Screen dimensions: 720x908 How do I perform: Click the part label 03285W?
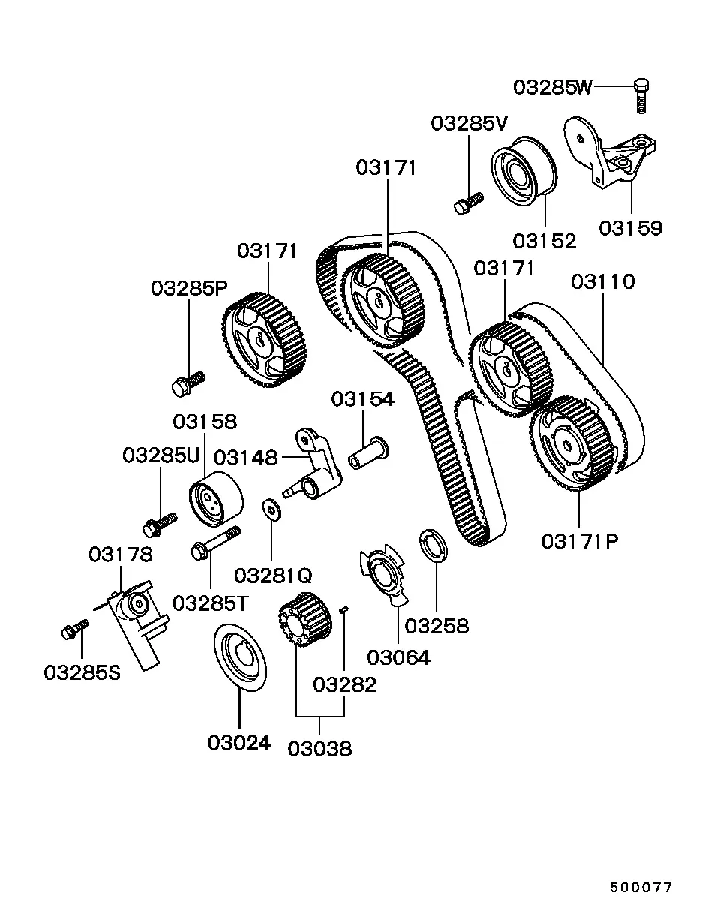click(553, 87)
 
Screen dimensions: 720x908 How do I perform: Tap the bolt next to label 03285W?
click(641, 96)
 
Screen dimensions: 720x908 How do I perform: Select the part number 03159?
click(631, 228)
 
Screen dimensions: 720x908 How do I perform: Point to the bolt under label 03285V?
click(469, 203)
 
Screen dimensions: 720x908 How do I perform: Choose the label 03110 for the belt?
click(603, 282)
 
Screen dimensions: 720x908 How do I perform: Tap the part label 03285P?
click(189, 289)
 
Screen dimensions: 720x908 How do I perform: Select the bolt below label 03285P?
click(188, 383)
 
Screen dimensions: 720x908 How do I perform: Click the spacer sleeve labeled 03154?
click(368, 453)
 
